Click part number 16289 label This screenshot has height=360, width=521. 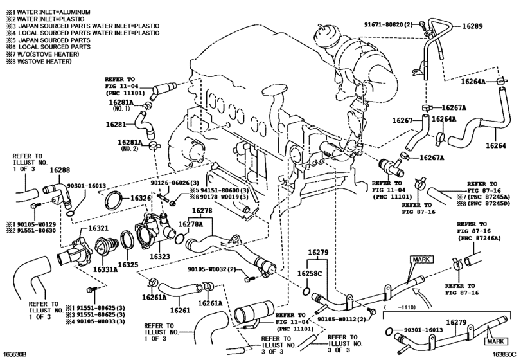(x=472, y=26)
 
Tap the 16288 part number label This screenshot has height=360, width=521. (x=60, y=170)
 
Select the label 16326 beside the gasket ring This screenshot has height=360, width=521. (x=141, y=198)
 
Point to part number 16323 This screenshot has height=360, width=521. (x=159, y=256)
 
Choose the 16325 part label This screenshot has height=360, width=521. (x=128, y=265)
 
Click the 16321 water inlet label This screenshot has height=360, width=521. (x=98, y=228)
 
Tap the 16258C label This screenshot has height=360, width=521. (x=310, y=273)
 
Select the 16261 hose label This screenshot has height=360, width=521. (x=180, y=310)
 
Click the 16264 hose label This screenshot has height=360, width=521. (x=496, y=145)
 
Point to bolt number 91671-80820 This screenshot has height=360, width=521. (x=384, y=24)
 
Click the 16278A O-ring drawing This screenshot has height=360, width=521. (x=179, y=238)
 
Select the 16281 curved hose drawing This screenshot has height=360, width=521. (x=144, y=124)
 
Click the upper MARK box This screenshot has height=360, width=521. (x=421, y=259)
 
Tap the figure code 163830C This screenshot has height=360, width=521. (x=505, y=354)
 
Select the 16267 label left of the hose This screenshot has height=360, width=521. (x=402, y=120)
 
